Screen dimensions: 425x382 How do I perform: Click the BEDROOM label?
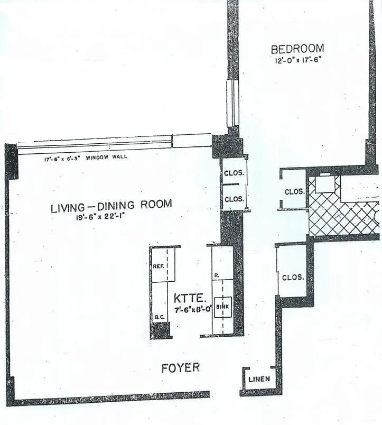296,49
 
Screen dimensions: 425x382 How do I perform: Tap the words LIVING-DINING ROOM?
111,206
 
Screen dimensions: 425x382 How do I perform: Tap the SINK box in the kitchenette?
223,306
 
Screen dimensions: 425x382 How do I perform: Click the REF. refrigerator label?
158,266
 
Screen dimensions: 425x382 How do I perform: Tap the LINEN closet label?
259,379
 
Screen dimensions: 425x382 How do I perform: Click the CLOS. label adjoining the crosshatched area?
294,191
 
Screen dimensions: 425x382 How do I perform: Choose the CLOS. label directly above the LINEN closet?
292,277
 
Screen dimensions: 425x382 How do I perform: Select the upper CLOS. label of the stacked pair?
234,172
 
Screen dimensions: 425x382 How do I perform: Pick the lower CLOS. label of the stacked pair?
234,199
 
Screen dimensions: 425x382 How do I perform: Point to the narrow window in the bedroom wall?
230,103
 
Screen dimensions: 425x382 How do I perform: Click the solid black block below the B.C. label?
161,331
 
